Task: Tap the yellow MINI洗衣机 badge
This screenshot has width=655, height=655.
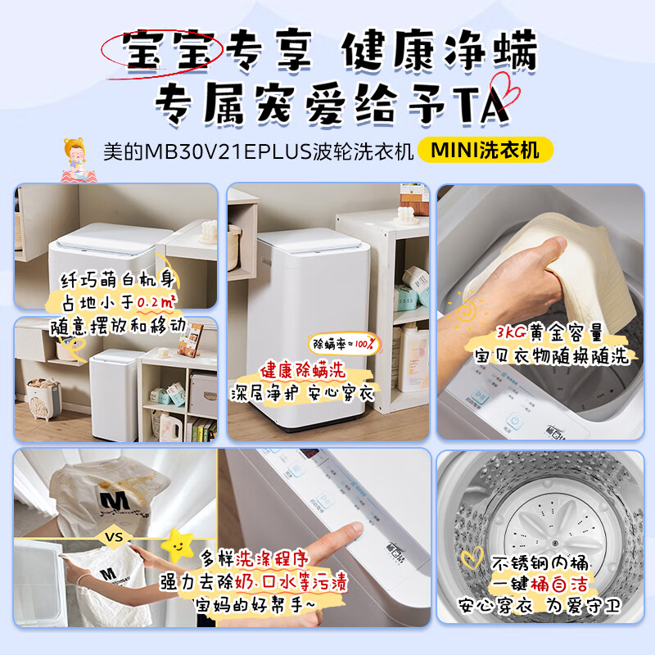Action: (x=486, y=151)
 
